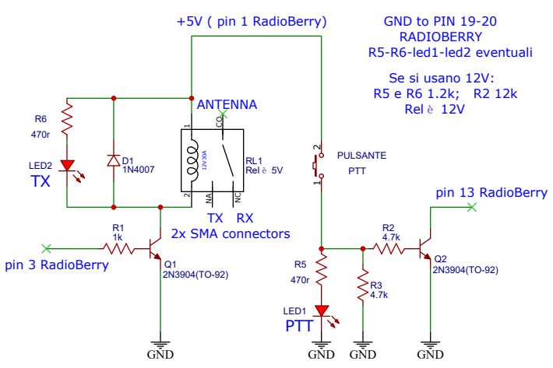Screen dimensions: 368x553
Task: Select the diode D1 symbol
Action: [x=114, y=159]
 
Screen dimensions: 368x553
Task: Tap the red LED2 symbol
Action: [x=68, y=166]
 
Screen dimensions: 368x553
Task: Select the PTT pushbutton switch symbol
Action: [x=319, y=164]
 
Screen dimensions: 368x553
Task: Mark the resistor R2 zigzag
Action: [x=389, y=248]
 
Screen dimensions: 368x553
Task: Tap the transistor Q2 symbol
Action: [x=425, y=249]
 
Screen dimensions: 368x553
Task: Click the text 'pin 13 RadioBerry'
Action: [x=491, y=192]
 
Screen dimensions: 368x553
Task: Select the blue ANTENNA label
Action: [x=227, y=104]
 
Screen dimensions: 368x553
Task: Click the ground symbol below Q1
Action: [x=160, y=345]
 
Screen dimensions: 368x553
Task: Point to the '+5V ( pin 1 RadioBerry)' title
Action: [x=252, y=20]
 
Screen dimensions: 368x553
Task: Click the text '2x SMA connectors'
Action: [x=230, y=233]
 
